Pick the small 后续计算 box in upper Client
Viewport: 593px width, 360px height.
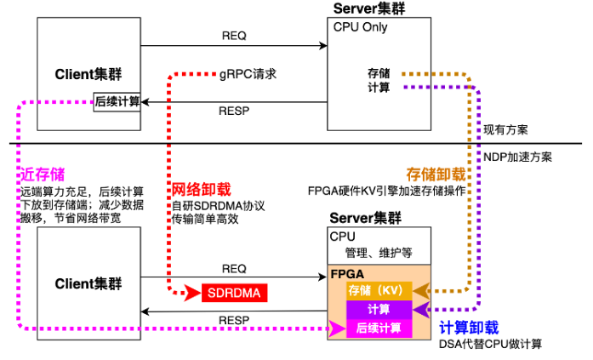(117, 102)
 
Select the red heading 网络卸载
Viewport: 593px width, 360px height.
(202, 189)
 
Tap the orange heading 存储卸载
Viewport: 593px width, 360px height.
(436, 173)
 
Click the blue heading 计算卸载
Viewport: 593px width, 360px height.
(469, 328)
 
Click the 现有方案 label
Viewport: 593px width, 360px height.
(505, 129)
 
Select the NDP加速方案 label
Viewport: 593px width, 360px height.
(518, 157)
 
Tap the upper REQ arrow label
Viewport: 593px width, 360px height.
(234, 36)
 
